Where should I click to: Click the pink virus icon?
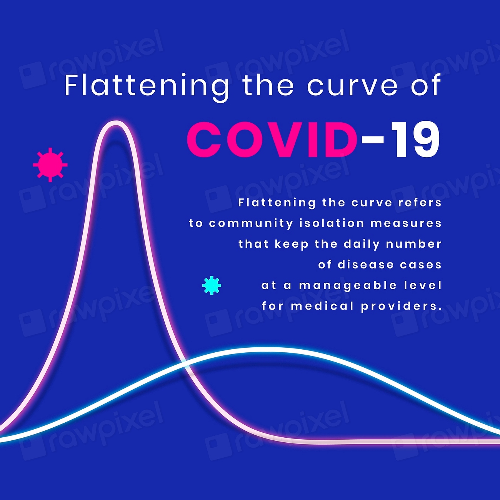coord(50,165)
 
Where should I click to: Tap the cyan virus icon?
coord(212,285)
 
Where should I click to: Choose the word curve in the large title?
coord(352,86)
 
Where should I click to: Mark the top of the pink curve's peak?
coord(116,123)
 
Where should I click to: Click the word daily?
coord(362,244)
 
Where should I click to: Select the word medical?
coord(322,306)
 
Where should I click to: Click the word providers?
coord(401,306)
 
